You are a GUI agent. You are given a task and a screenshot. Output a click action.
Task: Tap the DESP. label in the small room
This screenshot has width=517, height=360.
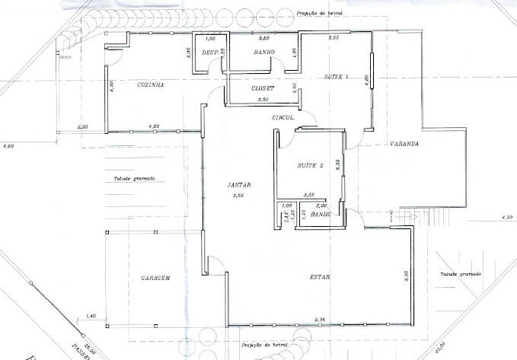(209, 53)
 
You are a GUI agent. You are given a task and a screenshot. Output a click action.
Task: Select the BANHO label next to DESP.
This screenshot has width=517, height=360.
(264, 53)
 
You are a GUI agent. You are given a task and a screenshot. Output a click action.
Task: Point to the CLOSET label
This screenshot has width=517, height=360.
(263, 89)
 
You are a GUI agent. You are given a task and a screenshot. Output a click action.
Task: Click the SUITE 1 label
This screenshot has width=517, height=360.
(337, 78)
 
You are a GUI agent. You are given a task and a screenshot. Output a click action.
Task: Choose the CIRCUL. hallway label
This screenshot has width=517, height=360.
(283, 118)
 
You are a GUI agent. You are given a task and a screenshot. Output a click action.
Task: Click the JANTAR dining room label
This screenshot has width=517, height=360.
(239, 186)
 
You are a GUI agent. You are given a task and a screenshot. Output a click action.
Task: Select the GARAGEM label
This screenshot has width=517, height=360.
(154, 279)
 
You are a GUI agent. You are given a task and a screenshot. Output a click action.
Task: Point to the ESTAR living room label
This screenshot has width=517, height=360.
(320, 277)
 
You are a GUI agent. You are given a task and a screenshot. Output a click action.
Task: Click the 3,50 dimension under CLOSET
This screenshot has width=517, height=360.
(263, 100)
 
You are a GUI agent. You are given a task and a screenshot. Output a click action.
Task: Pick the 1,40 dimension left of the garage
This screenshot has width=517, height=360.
(91, 315)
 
